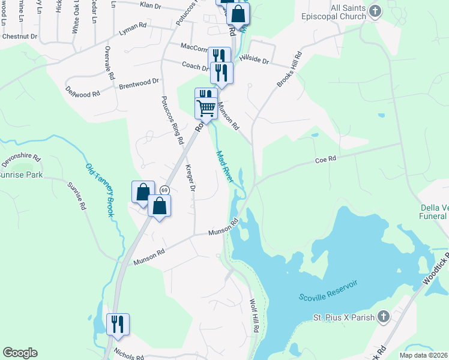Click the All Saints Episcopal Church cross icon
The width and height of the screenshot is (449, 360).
tap(375, 11)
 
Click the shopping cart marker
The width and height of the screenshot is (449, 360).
tap(206, 109)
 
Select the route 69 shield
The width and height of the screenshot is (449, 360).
tap(164, 190)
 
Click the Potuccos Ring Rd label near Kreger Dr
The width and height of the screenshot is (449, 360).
tap(172, 119)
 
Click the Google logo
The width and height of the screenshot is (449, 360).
tap(20, 353)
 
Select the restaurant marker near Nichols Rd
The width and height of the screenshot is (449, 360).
tap(118, 324)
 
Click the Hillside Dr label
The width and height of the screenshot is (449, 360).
tap(255, 59)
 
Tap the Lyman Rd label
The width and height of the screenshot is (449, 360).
tap(133, 28)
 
